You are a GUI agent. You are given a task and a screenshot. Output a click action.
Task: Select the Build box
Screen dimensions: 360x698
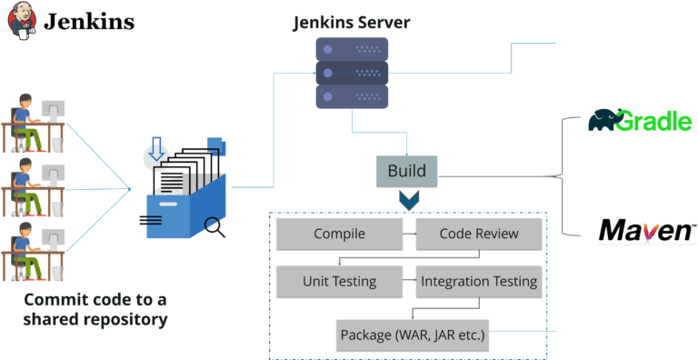click(x=406, y=171)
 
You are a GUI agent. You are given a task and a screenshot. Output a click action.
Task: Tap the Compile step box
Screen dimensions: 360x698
click(x=339, y=234)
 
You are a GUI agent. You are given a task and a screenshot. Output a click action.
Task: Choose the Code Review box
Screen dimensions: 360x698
click(x=479, y=234)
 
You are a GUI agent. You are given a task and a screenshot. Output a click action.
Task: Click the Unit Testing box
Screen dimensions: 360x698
click(x=339, y=281)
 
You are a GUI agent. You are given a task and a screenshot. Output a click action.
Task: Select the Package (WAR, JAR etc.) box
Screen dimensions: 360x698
click(x=413, y=335)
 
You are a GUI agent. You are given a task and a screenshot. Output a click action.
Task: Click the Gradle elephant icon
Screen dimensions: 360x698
click(x=602, y=120)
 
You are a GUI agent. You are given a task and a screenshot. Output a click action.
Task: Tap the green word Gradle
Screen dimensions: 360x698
click(x=653, y=122)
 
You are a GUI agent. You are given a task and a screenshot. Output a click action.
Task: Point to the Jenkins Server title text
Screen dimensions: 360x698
click(x=350, y=21)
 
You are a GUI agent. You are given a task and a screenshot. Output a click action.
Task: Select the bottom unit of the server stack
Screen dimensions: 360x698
click(x=352, y=96)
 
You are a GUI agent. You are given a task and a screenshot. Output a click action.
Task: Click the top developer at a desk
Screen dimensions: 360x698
click(x=33, y=118)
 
